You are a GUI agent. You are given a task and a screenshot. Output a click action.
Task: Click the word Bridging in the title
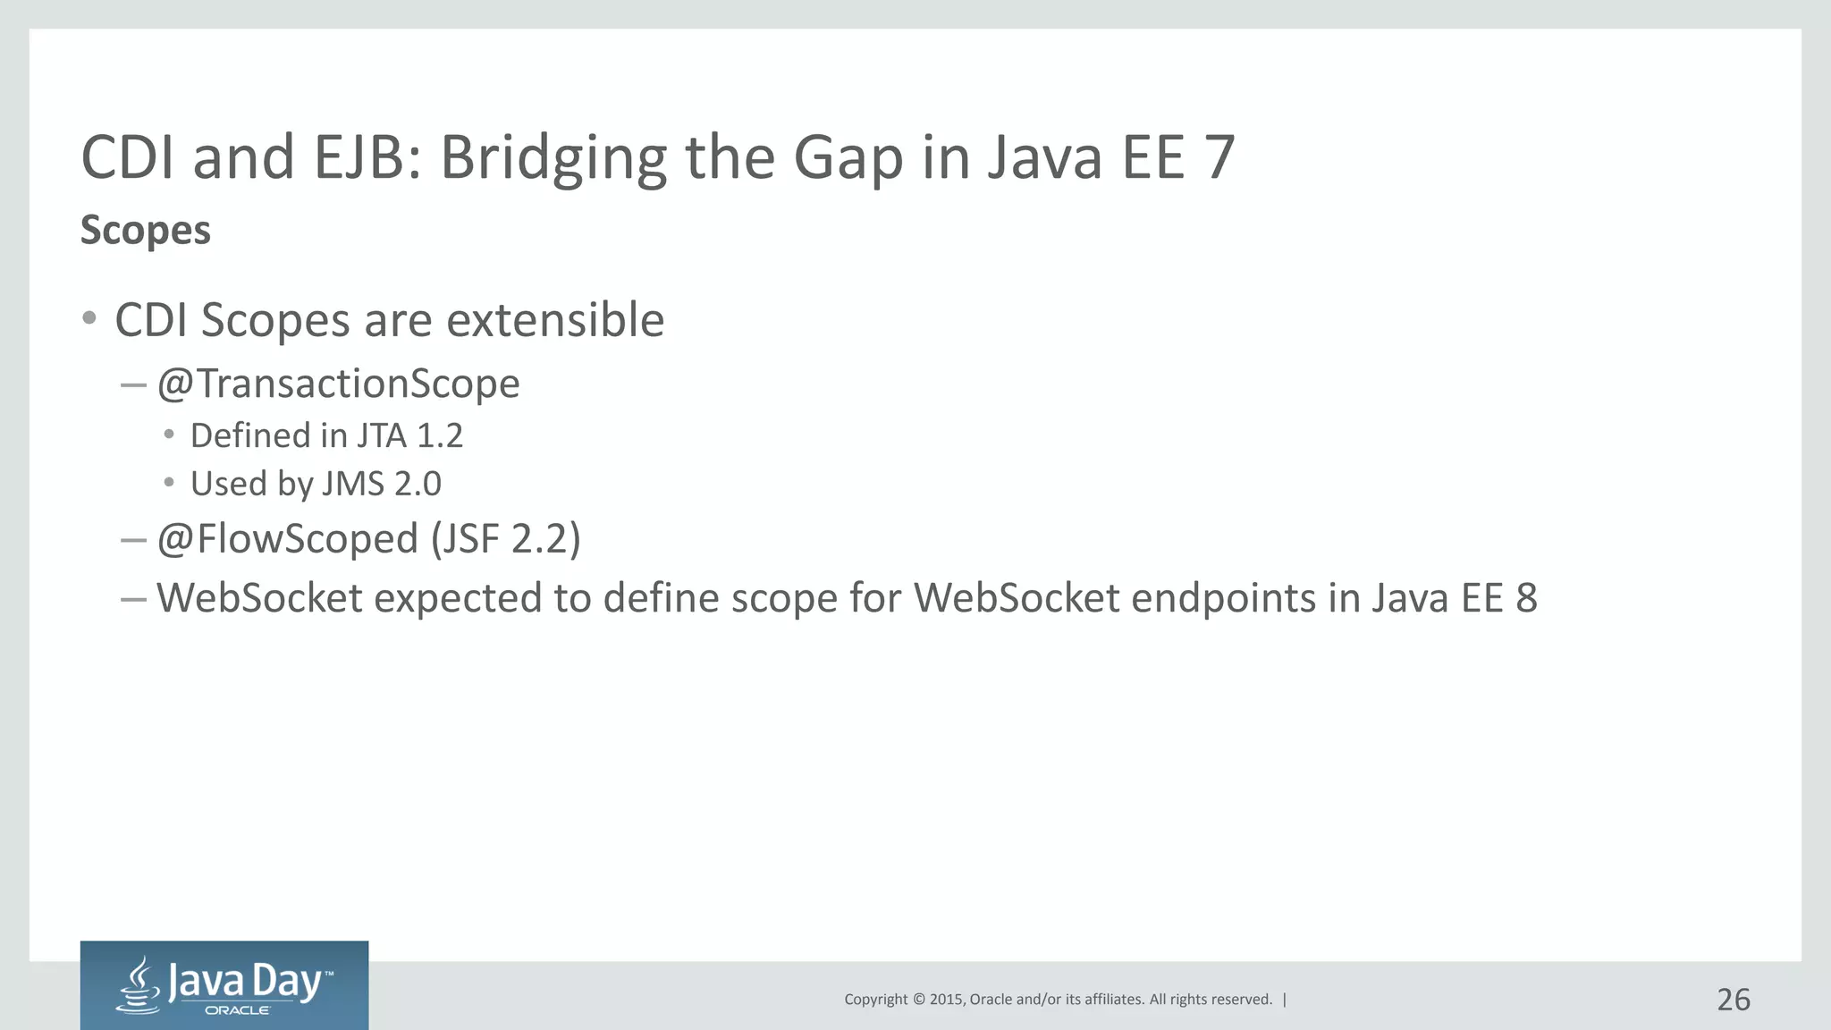pyautogui.click(x=553, y=158)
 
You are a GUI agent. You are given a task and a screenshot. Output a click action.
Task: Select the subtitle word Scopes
pyautogui.click(x=146, y=231)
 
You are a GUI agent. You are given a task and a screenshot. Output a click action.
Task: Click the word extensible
pyautogui.click(x=555, y=320)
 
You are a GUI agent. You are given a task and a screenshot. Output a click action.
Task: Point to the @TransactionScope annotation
pyautogui.click(x=338, y=384)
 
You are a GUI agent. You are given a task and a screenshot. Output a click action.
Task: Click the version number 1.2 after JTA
pyautogui.click(x=440, y=436)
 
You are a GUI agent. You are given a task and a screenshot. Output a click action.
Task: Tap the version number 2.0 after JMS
pyautogui.click(x=418, y=484)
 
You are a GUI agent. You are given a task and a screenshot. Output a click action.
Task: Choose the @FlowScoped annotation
pyautogui.click(x=288, y=539)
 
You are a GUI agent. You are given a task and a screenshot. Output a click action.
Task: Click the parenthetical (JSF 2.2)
pyautogui.click(x=505, y=539)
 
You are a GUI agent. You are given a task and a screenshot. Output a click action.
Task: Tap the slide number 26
pyautogui.click(x=1733, y=1000)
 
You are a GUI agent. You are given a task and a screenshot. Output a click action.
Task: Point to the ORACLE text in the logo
pyautogui.click(x=237, y=1010)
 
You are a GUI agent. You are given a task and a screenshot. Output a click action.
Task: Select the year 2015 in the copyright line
pyautogui.click(x=946, y=1000)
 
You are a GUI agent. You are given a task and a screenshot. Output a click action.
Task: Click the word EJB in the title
pyautogui.click(x=367, y=158)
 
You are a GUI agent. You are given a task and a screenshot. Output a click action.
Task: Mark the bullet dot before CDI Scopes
pyautogui.click(x=89, y=318)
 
